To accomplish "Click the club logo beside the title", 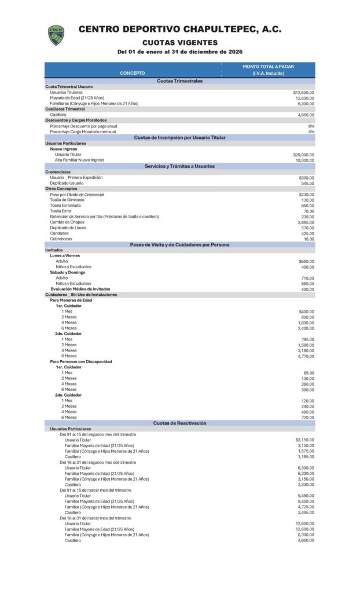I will coord(56,35).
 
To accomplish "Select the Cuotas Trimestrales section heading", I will coord(180,81).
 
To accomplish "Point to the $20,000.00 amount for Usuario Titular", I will coord(304,155).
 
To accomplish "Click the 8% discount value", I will coord(311,126).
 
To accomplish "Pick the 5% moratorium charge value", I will coord(311,131).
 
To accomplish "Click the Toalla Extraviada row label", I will coord(65,206).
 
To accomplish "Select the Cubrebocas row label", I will coord(61,239).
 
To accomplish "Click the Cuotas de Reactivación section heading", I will coord(180,423).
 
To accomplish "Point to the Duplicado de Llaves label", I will coord(69,228).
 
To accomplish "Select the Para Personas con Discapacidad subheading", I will coord(81,361).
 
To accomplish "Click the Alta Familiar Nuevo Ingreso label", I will coord(79,160).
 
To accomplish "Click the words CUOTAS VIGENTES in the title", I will coord(180,43).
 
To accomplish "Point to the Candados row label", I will coord(60,233).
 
